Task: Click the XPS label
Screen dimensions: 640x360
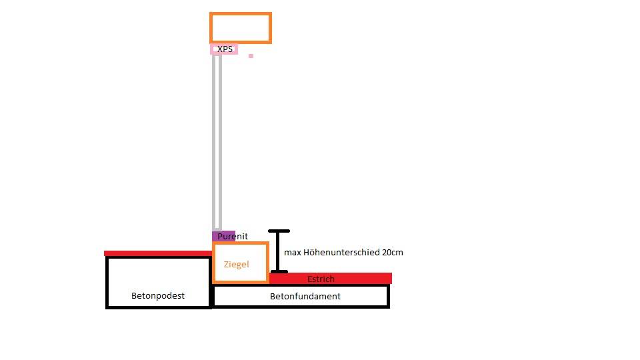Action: [225, 49]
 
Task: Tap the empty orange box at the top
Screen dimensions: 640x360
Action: [241, 13]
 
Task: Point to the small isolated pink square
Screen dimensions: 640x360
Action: [251, 56]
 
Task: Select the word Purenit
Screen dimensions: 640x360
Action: [232, 236]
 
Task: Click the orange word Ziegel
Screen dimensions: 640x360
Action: [236, 265]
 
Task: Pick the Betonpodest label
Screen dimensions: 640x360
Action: [158, 295]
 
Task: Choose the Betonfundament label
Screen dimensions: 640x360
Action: [305, 296]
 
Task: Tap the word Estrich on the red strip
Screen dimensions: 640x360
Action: [321, 279]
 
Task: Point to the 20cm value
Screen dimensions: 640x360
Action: [393, 252]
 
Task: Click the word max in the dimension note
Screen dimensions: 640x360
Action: [292, 253]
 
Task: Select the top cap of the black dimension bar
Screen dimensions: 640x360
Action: [279, 231]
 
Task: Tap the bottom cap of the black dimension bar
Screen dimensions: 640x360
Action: [279, 271]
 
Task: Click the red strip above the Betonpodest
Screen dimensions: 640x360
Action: [158, 253]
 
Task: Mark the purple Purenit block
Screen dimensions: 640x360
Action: [224, 236]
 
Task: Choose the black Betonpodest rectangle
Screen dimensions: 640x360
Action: [107, 282]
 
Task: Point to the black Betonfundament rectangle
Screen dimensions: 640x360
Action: [301, 306]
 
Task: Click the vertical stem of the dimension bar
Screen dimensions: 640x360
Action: [279, 251]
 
